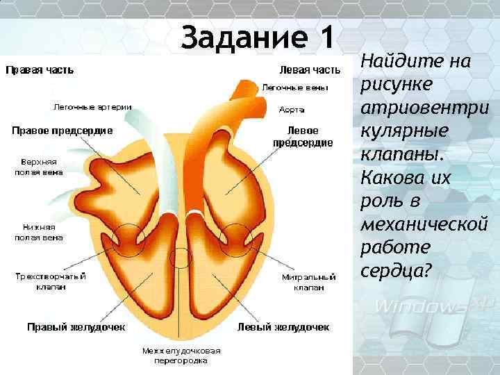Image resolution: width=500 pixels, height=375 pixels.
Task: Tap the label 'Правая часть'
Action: (40, 69)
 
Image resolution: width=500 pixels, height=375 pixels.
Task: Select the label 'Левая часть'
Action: (310, 69)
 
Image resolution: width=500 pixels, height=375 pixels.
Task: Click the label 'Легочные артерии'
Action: (93, 107)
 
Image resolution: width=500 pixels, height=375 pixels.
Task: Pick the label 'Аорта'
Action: (291, 110)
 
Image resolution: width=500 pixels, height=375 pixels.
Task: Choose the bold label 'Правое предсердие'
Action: (62, 130)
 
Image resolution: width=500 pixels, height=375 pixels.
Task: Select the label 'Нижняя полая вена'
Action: (39, 232)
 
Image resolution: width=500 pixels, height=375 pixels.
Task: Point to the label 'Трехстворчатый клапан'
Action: (51, 281)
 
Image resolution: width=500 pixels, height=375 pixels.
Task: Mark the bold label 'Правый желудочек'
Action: (75, 326)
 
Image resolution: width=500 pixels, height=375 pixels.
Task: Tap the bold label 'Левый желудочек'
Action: (283, 326)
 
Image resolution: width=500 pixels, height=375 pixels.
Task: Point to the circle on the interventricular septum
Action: (181, 258)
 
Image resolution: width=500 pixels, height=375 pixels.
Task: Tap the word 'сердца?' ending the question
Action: (396, 269)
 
